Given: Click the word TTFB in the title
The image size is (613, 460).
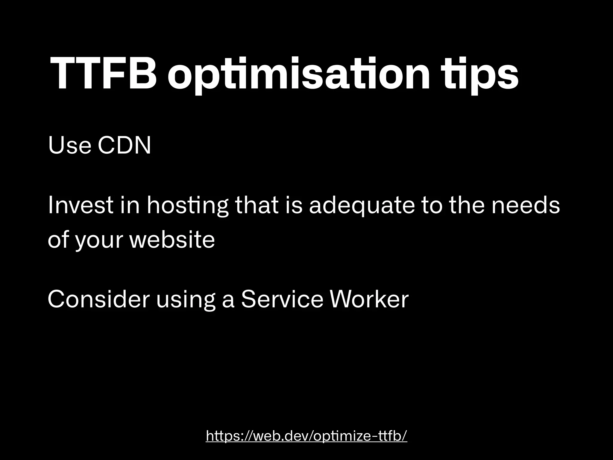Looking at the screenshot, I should point(103,73).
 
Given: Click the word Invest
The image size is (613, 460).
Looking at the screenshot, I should point(81,206).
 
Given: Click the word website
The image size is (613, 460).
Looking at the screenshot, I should point(172,240).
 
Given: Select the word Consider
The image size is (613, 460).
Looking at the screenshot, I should point(98,299).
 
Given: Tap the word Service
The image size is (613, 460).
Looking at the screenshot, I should point(282,299).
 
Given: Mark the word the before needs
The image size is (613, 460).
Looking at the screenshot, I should point(468,206).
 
